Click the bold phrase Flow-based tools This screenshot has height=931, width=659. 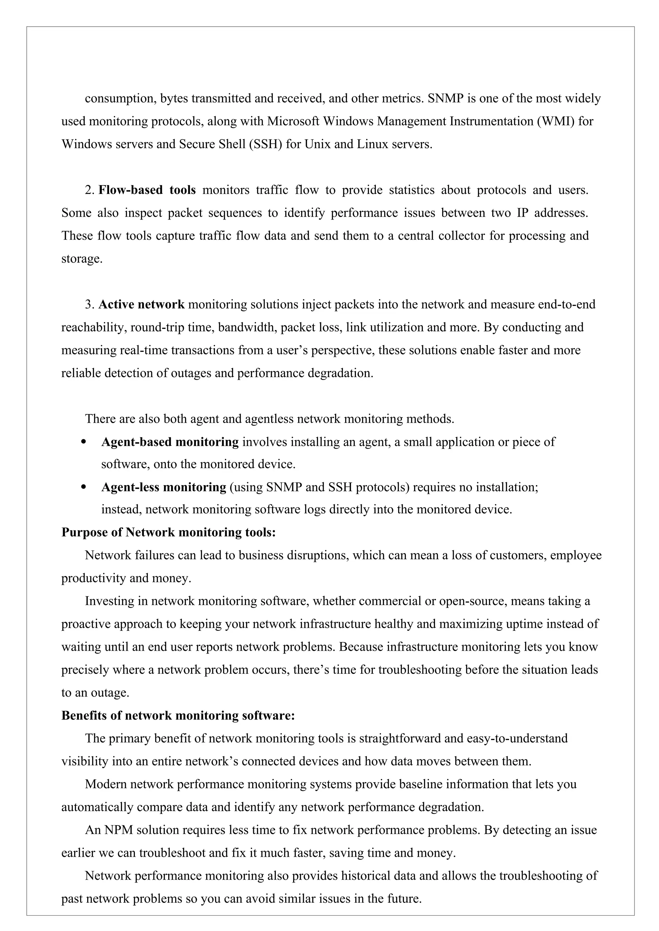(147, 190)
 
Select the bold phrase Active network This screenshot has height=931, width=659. (141, 304)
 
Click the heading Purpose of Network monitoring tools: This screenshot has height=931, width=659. (168, 532)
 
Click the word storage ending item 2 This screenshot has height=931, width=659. (81, 259)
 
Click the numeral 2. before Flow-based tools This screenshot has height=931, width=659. (90, 190)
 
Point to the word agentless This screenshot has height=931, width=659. (269, 419)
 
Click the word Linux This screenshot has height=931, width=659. (373, 144)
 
